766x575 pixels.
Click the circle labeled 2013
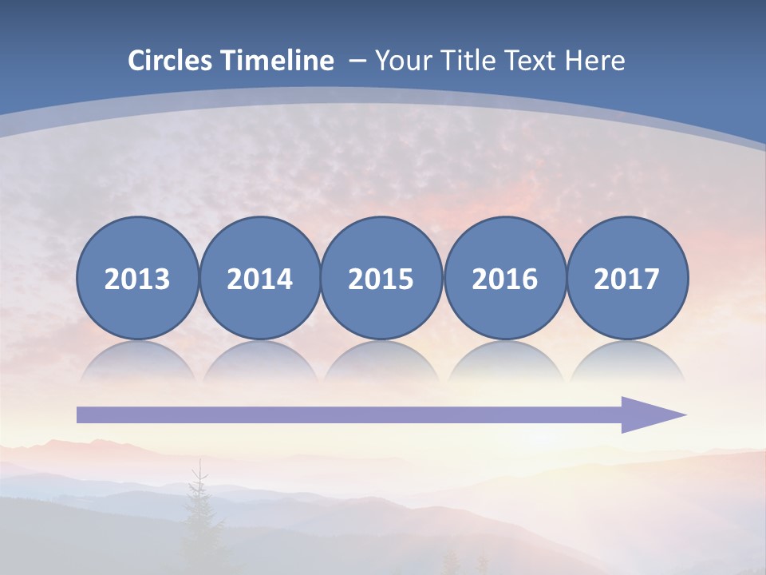(x=137, y=278)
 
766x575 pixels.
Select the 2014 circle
(x=259, y=278)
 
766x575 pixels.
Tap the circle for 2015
(x=381, y=278)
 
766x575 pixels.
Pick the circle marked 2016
(x=505, y=278)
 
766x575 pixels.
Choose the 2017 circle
(x=627, y=278)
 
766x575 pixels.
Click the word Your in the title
(x=401, y=61)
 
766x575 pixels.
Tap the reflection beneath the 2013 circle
(x=137, y=363)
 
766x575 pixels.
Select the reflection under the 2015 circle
(x=381, y=363)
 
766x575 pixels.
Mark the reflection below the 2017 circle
(x=627, y=363)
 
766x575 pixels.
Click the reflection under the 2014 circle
(x=259, y=363)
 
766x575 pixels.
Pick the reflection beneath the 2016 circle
(x=505, y=363)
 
